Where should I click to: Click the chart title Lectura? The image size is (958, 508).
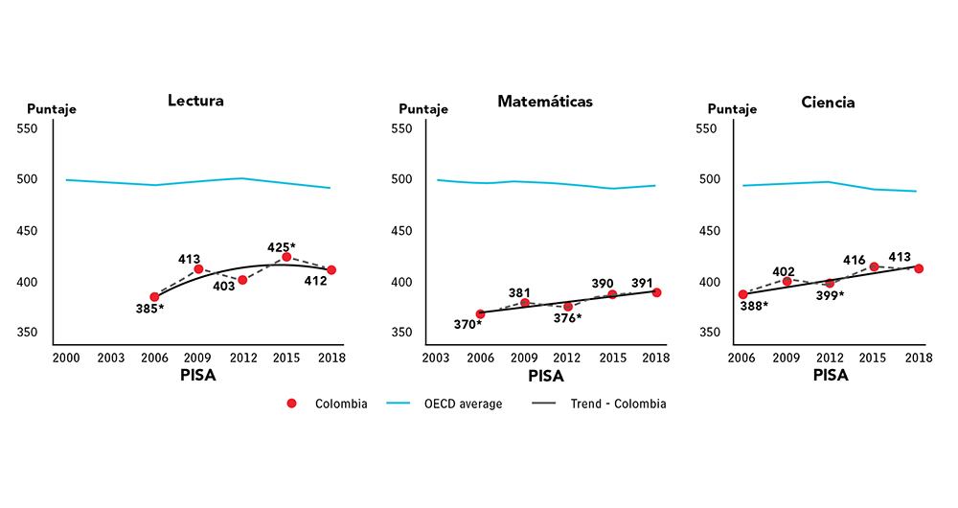[195, 101]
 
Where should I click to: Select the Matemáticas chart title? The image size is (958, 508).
[544, 101]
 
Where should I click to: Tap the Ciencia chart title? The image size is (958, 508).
[830, 101]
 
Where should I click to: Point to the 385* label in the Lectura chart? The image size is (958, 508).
[148, 309]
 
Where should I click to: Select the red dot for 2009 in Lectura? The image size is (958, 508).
[198, 269]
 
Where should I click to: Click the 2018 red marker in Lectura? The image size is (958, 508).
[331, 270]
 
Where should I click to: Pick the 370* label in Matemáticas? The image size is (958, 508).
[468, 324]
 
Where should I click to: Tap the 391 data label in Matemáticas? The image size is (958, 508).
[643, 283]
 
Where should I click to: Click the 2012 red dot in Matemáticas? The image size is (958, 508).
[568, 307]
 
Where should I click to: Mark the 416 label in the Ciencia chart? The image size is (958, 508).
[855, 260]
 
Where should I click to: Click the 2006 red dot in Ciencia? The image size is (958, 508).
[742, 294]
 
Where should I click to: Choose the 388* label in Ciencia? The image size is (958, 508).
[755, 307]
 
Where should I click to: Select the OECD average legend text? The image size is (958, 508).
[464, 404]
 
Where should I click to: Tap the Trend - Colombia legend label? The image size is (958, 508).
[618, 404]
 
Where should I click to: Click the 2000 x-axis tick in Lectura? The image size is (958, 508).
[65, 357]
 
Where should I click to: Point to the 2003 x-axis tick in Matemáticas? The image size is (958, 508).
[436, 357]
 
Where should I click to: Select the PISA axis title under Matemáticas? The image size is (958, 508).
[546, 375]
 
